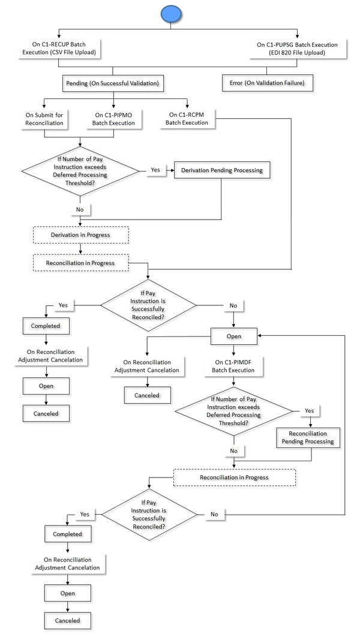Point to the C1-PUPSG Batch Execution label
click(296, 48)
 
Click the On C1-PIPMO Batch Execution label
click(114, 119)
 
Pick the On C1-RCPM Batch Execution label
click(188, 118)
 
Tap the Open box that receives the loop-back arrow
click(234, 336)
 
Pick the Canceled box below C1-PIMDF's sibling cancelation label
click(147, 395)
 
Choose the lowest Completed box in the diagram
click(67, 532)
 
